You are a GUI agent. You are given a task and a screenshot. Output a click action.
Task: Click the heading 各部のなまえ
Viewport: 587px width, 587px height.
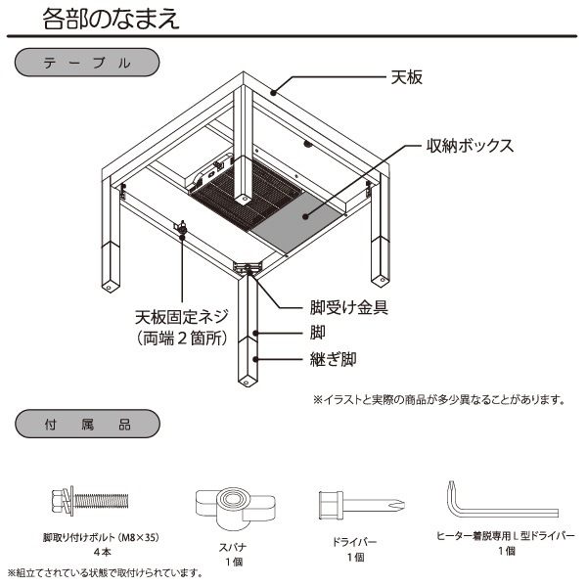point(111,19)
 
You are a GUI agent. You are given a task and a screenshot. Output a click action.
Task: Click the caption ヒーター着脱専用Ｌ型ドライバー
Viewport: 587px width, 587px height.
point(505,537)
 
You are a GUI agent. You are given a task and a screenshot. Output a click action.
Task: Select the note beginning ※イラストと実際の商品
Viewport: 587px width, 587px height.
point(439,399)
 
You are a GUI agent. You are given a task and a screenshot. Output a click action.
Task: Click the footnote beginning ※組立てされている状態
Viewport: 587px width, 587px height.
point(106,572)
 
